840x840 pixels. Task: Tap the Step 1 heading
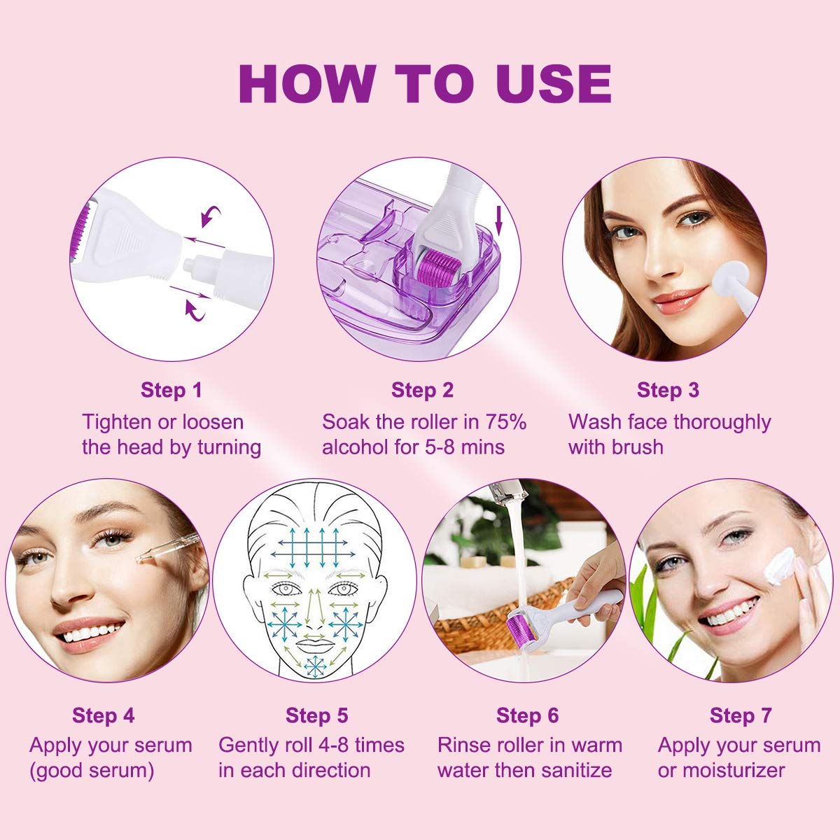[x=171, y=390]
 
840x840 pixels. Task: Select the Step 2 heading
[x=422, y=390]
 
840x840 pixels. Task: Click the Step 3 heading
[x=668, y=390]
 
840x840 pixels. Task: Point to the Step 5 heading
[x=317, y=715]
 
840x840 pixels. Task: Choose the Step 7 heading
[x=741, y=715]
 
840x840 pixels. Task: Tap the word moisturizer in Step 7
[x=734, y=770]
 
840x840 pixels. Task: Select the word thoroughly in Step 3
[x=722, y=423]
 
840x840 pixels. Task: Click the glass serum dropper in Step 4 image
[x=168, y=548]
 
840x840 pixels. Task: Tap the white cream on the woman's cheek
[x=779, y=566]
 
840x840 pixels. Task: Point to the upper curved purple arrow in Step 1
[x=210, y=216]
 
